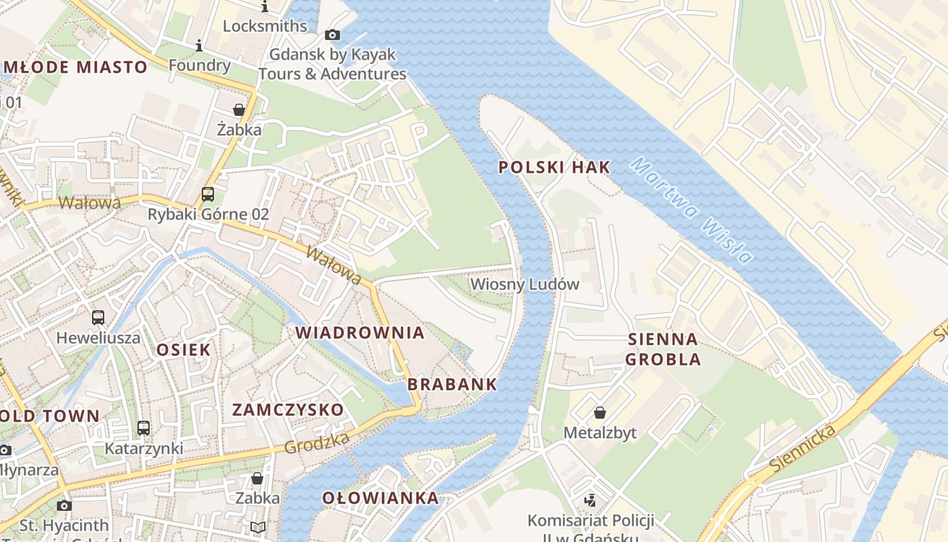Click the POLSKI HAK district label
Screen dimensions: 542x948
[x=555, y=167]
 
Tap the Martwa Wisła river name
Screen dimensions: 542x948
[x=691, y=211]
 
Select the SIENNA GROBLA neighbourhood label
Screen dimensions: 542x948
[x=663, y=349]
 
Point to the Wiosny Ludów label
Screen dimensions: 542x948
[x=525, y=284]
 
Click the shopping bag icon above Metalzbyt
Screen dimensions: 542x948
[x=599, y=413]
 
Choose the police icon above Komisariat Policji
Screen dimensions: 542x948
[x=590, y=501]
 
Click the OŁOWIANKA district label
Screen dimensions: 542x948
[x=380, y=499]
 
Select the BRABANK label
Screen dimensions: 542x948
[x=452, y=385]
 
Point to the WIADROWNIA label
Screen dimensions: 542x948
[x=360, y=333]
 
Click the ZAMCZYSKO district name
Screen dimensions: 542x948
[x=288, y=410]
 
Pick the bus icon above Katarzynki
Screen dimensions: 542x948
[x=144, y=428]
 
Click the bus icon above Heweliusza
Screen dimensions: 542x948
[x=98, y=317]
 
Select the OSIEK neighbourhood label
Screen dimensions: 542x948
[x=184, y=350]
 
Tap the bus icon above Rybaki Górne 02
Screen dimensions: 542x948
[x=208, y=194]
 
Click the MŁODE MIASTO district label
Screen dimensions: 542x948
[x=75, y=67]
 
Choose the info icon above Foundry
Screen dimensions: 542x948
[x=199, y=46]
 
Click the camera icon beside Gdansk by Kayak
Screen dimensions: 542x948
[x=332, y=35]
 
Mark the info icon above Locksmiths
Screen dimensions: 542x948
[x=265, y=7]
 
